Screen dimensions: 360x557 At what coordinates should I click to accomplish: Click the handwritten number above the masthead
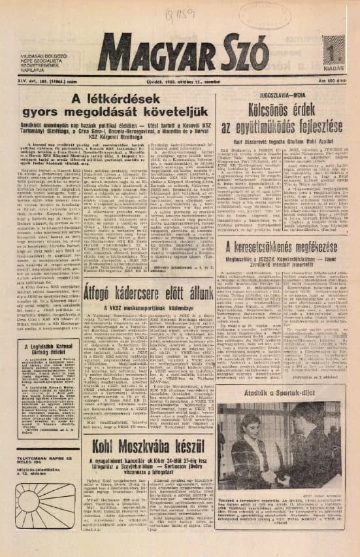tap(163, 14)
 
